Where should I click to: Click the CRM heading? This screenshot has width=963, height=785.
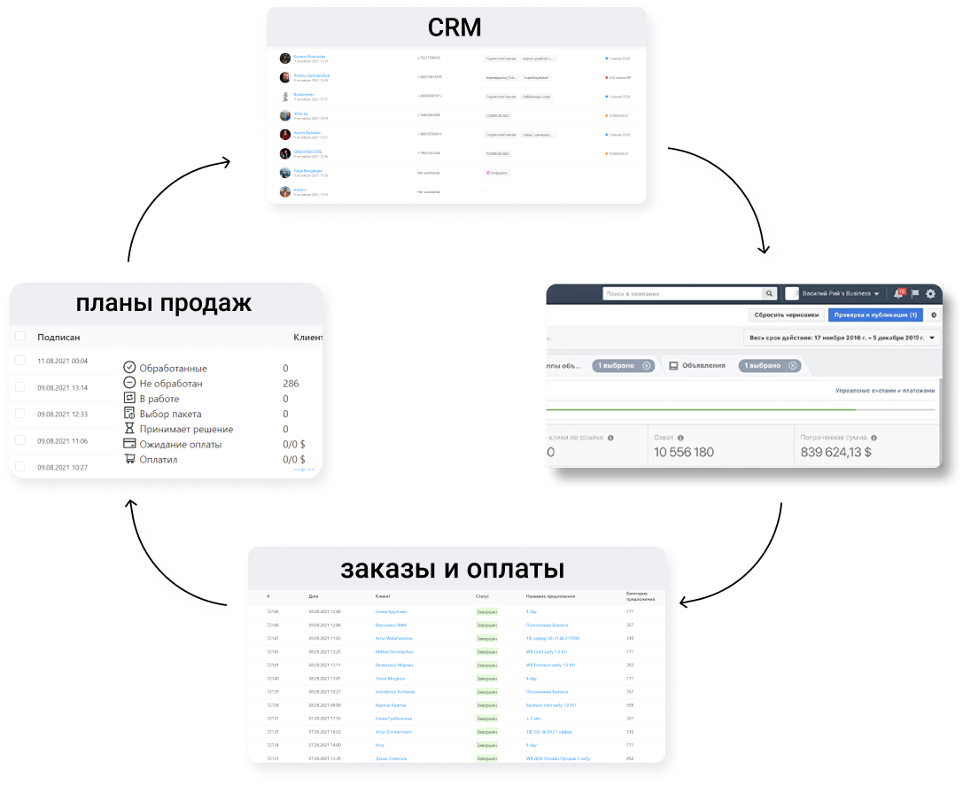coord(454,27)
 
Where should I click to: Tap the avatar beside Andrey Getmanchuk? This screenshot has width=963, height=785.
coord(285,77)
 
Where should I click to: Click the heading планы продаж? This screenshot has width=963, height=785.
coord(164,303)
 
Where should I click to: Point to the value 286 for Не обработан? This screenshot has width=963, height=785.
coord(291,384)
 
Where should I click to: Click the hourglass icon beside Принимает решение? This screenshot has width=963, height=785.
coord(129,429)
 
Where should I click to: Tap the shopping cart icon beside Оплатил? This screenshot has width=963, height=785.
coord(129,459)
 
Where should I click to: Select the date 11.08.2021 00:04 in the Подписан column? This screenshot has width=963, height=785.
coord(62,361)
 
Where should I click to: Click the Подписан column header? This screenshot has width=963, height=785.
coord(58,337)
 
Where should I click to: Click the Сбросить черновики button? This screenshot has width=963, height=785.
coord(785,315)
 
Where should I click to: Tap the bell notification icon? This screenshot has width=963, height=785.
coord(898,293)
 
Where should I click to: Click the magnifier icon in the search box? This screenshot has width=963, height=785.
coord(769,293)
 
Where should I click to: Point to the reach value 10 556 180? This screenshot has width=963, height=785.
coord(684,452)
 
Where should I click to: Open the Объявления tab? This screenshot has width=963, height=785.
coord(697,365)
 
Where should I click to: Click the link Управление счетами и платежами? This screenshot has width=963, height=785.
coord(884,391)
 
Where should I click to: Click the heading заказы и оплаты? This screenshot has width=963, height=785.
coord(453,568)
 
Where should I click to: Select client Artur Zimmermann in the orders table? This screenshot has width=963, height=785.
coord(394,732)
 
